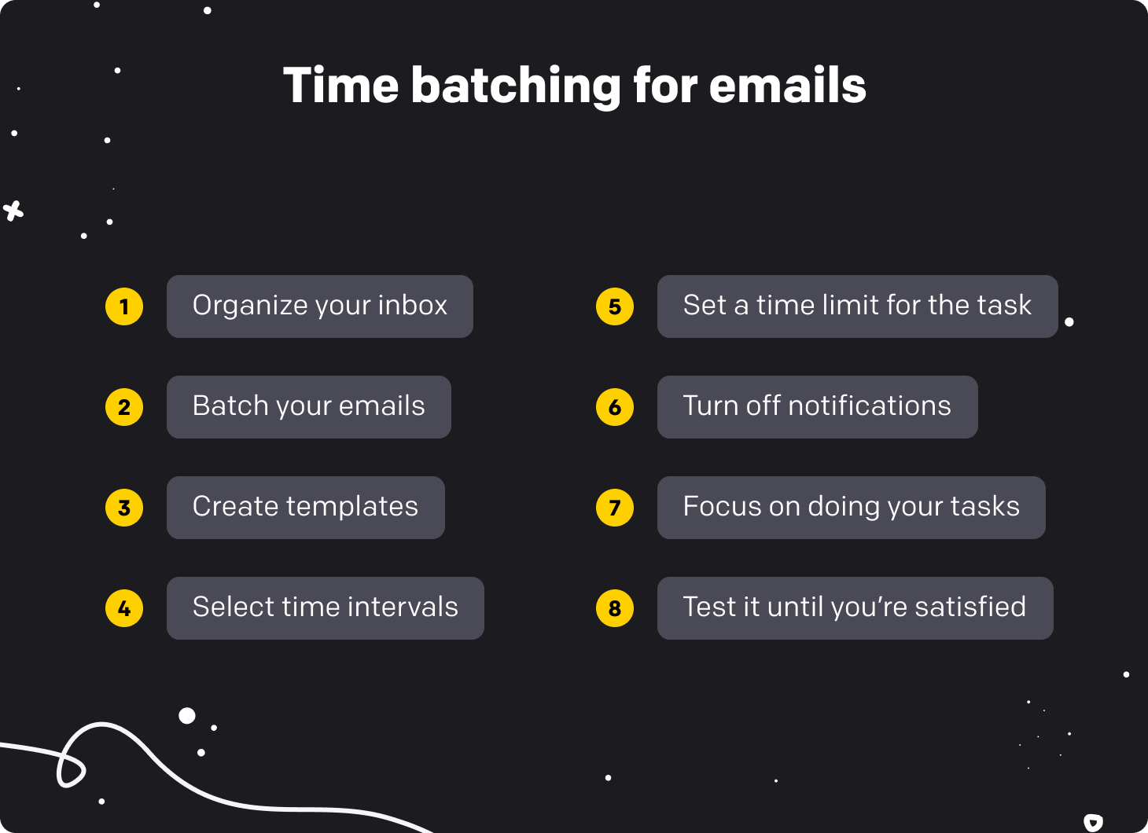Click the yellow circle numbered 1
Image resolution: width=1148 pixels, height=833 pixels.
tap(124, 306)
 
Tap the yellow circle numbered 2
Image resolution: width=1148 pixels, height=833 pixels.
tap(124, 407)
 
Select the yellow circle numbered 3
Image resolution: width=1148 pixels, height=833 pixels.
tap(124, 508)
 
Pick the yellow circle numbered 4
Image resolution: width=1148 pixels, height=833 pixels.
tap(124, 608)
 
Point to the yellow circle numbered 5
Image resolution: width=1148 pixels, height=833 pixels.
tap(615, 306)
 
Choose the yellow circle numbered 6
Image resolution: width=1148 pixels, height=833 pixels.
tap(615, 407)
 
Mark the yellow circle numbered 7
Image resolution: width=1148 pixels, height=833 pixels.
tap(615, 508)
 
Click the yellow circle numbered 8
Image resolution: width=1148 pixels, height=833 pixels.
tap(615, 608)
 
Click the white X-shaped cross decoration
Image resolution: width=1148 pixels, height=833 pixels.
tap(13, 211)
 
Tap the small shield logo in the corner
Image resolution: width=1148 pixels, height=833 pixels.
tap(1093, 822)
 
